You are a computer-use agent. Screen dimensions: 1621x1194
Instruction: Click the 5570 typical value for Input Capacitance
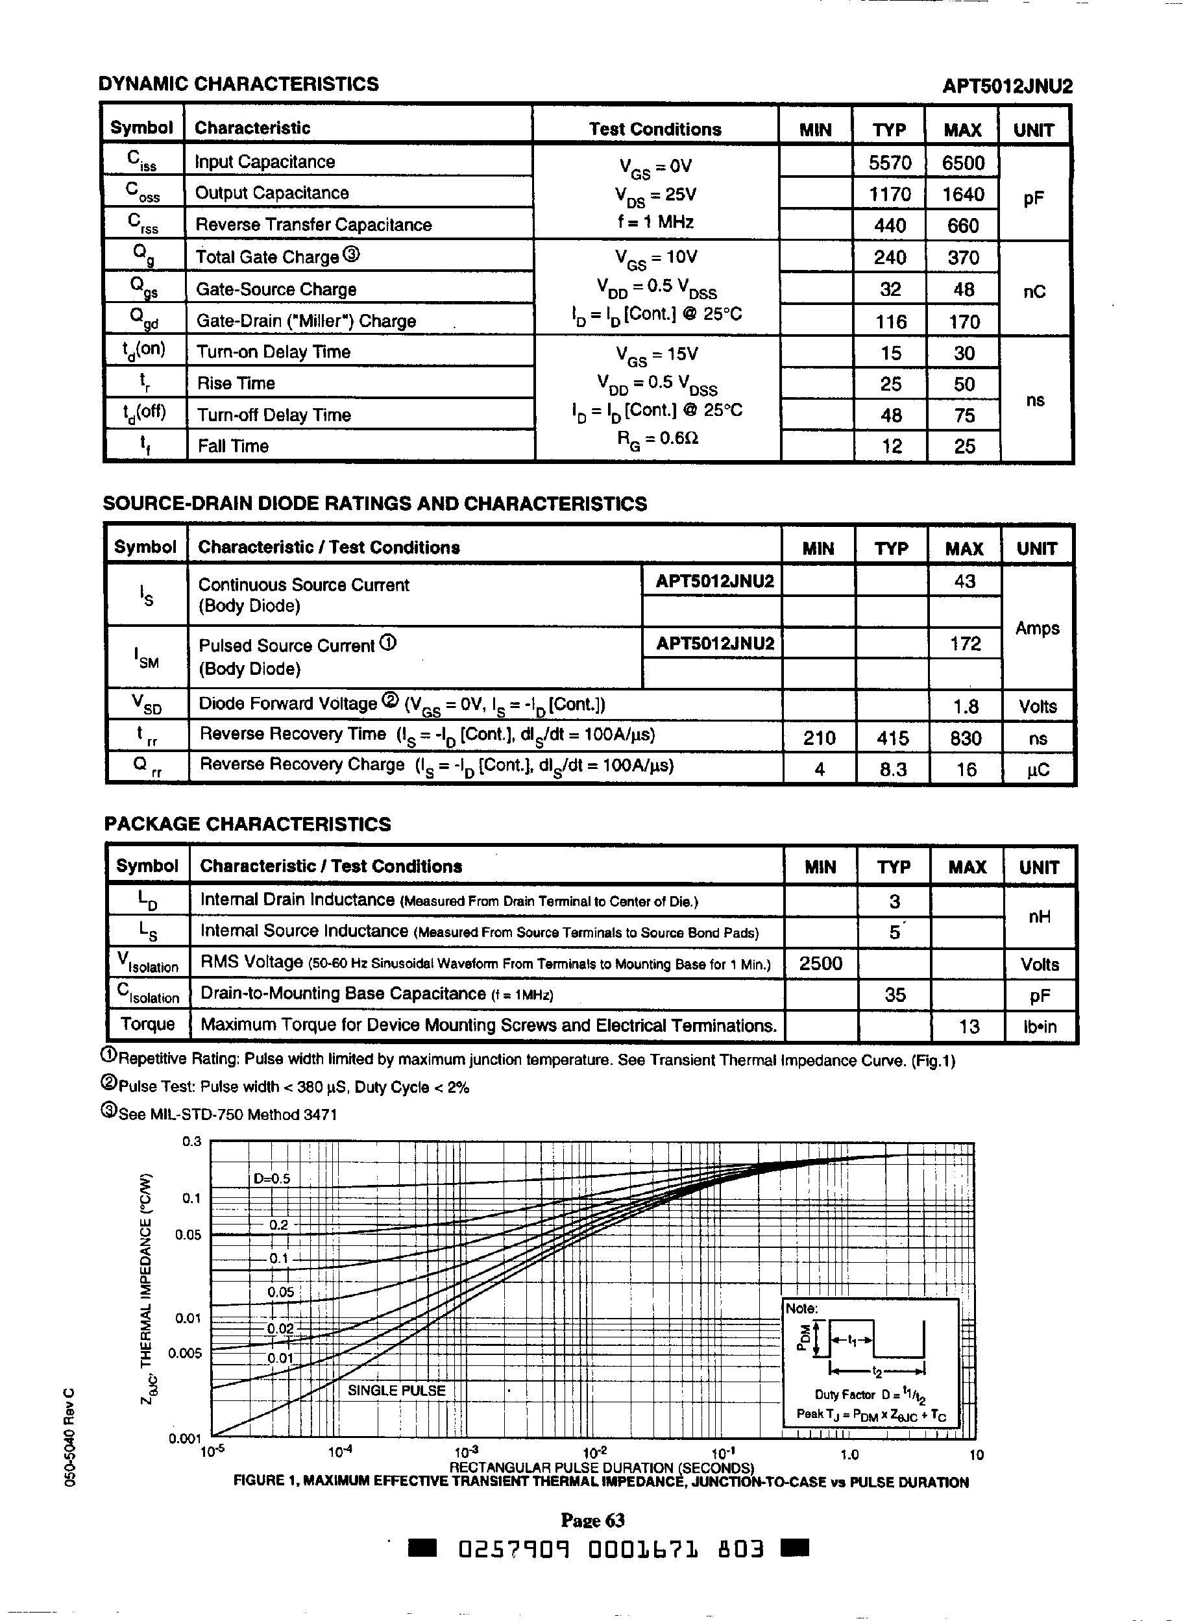pyautogui.click(x=890, y=163)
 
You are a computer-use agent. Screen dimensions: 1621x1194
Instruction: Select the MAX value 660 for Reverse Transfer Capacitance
pyautogui.click(x=963, y=225)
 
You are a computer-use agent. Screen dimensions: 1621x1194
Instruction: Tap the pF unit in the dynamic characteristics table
pyautogui.click(x=1034, y=199)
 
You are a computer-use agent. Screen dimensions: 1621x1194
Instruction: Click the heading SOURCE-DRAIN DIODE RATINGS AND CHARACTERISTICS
pyautogui.click(x=374, y=504)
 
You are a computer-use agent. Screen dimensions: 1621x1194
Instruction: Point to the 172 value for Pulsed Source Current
pyautogui.click(x=965, y=643)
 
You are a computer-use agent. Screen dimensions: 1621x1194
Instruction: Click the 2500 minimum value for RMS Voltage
pyautogui.click(x=820, y=964)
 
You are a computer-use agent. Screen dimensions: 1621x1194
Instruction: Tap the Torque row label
pyautogui.click(x=147, y=1024)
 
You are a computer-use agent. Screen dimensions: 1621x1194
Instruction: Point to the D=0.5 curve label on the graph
pyautogui.click(x=272, y=1178)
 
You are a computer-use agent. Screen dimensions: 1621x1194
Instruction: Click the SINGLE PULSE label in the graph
pyautogui.click(x=396, y=1390)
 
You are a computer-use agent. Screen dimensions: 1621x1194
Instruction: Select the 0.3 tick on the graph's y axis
pyautogui.click(x=191, y=1142)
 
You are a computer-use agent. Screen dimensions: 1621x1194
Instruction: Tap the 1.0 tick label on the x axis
pyautogui.click(x=849, y=1455)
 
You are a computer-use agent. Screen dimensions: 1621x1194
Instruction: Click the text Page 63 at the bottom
pyautogui.click(x=592, y=1520)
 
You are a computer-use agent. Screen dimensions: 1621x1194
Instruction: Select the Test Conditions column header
pyautogui.click(x=654, y=129)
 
